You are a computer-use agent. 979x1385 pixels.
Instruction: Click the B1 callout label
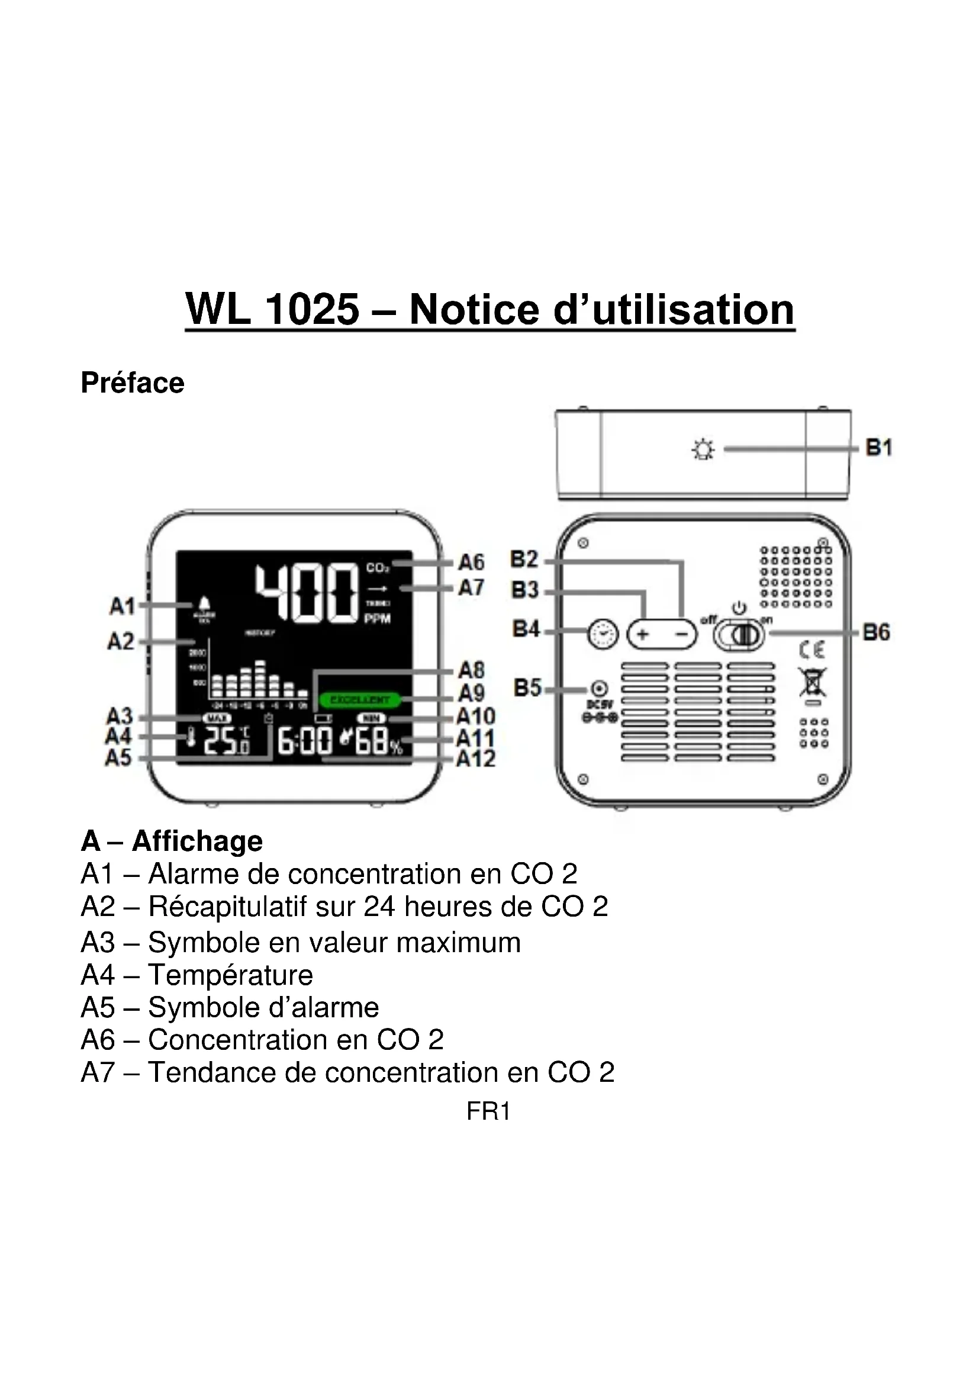(x=878, y=448)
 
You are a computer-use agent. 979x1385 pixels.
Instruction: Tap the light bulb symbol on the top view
(x=703, y=450)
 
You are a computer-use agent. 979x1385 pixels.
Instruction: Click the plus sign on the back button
(x=643, y=634)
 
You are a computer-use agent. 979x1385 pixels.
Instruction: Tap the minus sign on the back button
(x=681, y=634)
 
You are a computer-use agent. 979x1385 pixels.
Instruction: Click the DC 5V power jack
(x=598, y=688)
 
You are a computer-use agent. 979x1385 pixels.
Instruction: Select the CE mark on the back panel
(x=812, y=650)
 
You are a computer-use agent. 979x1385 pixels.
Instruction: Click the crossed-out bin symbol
(x=812, y=683)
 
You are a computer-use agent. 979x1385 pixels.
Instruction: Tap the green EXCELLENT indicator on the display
(x=360, y=700)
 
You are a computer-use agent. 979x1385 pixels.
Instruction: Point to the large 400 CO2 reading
(x=306, y=593)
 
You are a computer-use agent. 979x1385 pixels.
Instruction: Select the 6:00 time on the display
(x=304, y=741)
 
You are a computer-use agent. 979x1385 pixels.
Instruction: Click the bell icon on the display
(x=204, y=603)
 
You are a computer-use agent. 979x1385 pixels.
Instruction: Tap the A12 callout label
(x=476, y=759)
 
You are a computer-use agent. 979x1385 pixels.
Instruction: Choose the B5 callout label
(x=527, y=687)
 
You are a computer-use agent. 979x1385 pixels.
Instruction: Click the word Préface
(x=133, y=383)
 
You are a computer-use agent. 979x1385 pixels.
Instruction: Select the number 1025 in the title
(x=313, y=310)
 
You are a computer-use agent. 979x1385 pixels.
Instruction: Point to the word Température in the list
(x=230, y=975)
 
